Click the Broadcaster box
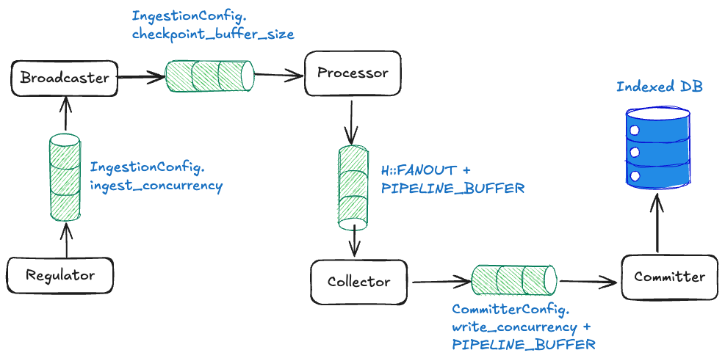(65, 78)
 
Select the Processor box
(352, 73)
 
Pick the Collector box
(358, 282)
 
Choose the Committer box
(669, 277)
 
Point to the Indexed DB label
(659, 87)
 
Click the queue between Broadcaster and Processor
(209, 76)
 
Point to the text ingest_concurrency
(156, 185)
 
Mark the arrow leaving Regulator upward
(67, 239)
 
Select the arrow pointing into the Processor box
(279, 74)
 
